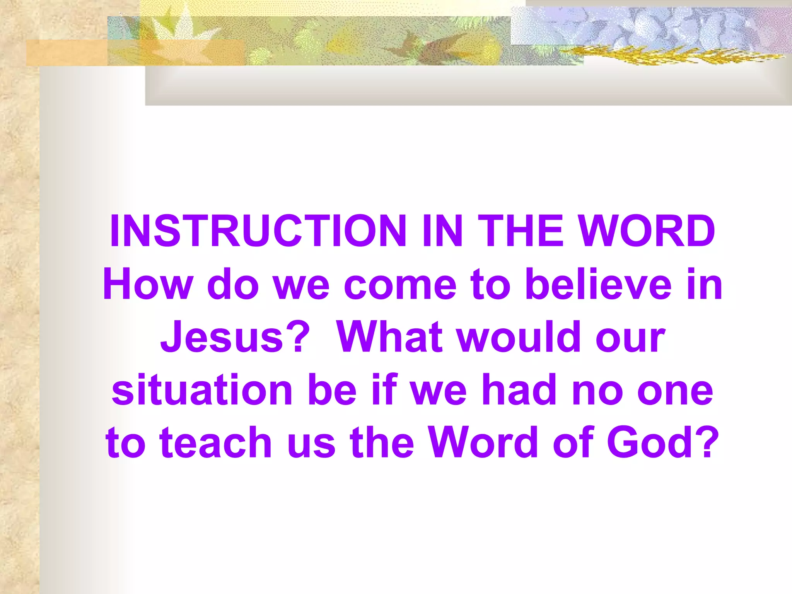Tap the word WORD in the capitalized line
(648, 231)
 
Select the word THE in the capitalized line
(521, 231)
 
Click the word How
(147, 284)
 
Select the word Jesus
(222, 337)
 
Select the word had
(520, 389)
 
